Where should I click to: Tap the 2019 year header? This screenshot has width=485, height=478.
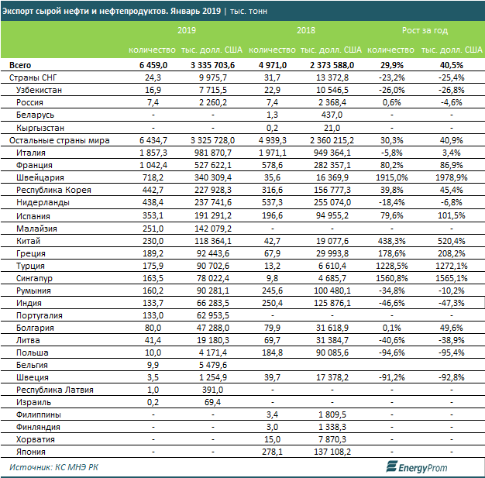click(x=186, y=31)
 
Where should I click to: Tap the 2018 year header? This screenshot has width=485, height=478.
click(x=306, y=31)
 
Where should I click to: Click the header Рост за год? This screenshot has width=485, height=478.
click(x=425, y=31)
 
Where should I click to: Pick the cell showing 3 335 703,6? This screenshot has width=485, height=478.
click(x=212, y=66)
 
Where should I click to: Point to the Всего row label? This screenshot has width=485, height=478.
click(x=21, y=66)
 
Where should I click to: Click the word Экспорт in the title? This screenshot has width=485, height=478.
click(x=22, y=9)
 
